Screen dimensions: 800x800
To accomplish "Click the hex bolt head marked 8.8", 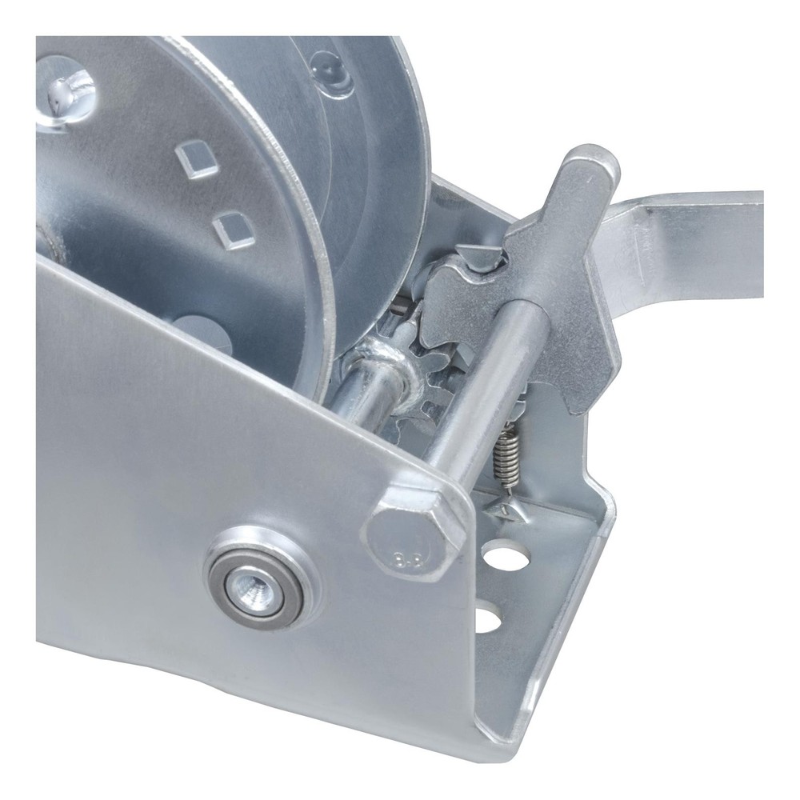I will [x=412, y=532].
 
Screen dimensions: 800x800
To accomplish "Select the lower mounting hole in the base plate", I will [x=487, y=619].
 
